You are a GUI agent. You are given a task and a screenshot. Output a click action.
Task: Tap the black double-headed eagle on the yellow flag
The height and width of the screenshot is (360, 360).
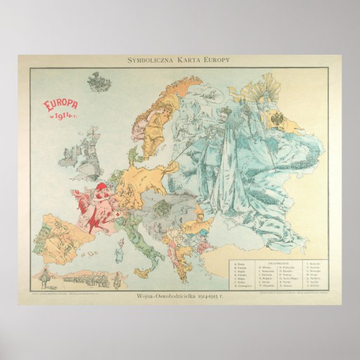click(x=278, y=119)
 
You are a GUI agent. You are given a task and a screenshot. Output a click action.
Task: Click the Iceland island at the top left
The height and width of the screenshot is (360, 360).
click(x=98, y=82)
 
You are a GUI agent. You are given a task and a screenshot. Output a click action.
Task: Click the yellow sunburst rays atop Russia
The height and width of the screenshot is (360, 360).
click(x=258, y=89)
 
